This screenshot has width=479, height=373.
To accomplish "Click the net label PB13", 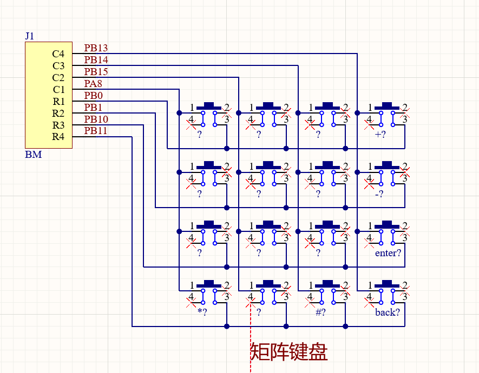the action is click(x=96, y=48).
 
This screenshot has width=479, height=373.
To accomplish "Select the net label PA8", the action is click(x=93, y=84).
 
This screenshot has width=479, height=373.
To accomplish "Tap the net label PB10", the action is click(x=96, y=119).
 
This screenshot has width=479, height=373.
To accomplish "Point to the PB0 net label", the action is click(x=94, y=96).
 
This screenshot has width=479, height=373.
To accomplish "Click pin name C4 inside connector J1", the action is click(x=58, y=54).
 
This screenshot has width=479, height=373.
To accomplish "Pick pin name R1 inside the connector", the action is click(x=58, y=101).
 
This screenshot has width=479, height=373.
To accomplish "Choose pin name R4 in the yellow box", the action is click(x=58, y=137).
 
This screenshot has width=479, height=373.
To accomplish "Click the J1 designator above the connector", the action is click(x=29, y=36).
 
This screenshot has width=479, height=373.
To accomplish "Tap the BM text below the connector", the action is click(x=34, y=155).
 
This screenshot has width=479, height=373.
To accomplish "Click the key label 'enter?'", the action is click(x=388, y=253).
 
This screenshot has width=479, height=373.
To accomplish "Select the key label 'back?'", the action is click(x=388, y=312).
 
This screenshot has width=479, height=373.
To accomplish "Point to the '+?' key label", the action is click(x=380, y=134).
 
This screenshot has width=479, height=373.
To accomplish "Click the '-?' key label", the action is click(x=379, y=194).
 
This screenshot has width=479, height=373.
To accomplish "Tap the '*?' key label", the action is click(x=202, y=312).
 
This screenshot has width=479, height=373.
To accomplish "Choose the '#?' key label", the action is click(x=320, y=312).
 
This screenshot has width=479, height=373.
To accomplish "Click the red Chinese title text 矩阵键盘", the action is click(x=288, y=352).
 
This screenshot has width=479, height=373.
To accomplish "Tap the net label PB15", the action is click(x=96, y=72).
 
